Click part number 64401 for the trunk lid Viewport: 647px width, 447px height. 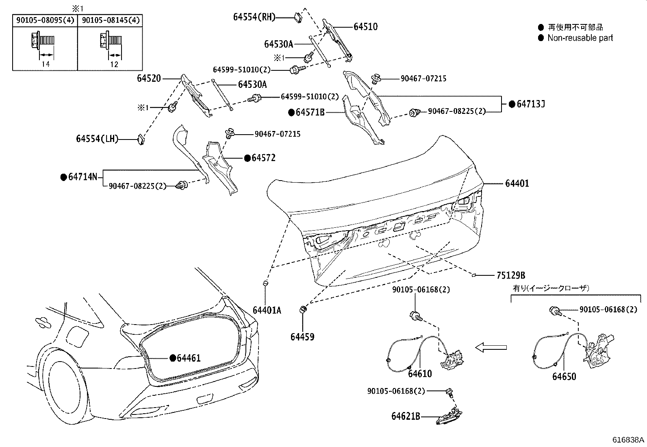[x=517, y=183]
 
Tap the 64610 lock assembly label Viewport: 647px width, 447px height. [x=420, y=373]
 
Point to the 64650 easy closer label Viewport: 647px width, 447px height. [x=564, y=377]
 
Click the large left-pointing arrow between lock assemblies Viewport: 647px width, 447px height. [x=491, y=347]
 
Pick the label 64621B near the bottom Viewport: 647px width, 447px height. [x=406, y=416]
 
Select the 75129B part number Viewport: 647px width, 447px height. [x=510, y=275]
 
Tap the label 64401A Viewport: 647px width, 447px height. [x=267, y=310]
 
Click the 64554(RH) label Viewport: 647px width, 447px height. [x=254, y=17]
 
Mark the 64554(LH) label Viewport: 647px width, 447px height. [x=97, y=139]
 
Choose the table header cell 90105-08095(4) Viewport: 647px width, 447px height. [x=45, y=20]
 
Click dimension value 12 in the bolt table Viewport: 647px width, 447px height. [x=114, y=64]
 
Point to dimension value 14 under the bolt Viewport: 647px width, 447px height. [x=46, y=64]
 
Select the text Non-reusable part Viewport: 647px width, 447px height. [x=580, y=38]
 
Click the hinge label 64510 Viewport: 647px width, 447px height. [x=365, y=27]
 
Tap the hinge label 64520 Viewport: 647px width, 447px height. [x=149, y=78]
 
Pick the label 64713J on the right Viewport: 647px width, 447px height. [x=530, y=104]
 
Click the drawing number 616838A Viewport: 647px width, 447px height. [x=628, y=440]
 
